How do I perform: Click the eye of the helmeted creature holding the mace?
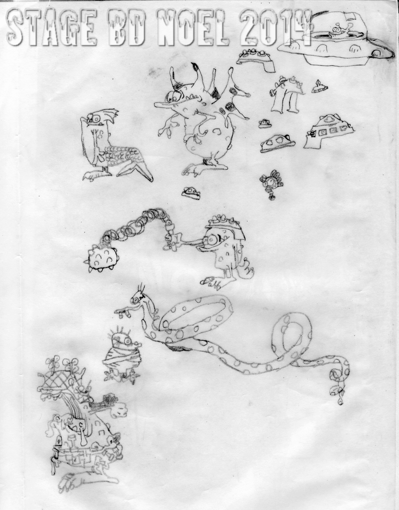tap(211, 241)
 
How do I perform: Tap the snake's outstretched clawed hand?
tap(123, 312)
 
